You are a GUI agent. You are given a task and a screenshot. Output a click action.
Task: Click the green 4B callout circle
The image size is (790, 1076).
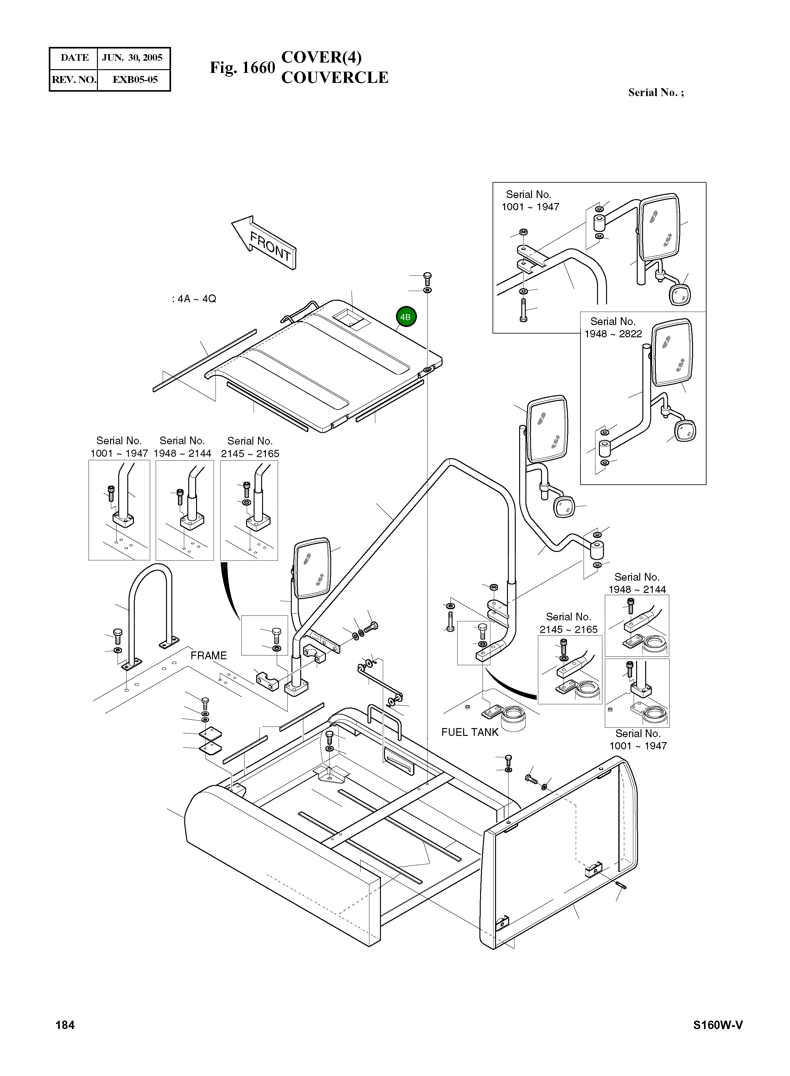(x=406, y=317)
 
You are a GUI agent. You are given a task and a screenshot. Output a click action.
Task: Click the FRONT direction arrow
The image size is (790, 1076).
(x=264, y=242)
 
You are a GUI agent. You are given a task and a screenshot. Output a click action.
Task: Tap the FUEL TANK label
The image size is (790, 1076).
(x=470, y=732)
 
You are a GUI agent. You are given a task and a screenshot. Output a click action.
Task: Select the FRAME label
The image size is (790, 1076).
(x=209, y=655)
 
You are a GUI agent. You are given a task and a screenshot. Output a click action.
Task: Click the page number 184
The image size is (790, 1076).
(x=65, y=1025)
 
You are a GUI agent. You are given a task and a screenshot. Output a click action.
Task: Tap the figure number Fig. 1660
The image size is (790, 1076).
(x=242, y=68)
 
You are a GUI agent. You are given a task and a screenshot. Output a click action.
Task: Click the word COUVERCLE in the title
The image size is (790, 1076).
(x=335, y=78)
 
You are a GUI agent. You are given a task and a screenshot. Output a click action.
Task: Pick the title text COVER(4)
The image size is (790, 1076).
(x=322, y=57)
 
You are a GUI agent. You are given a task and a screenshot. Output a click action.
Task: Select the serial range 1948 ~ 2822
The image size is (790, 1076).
(x=613, y=334)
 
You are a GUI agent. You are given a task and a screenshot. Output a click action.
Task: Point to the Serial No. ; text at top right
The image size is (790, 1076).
(x=656, y=92)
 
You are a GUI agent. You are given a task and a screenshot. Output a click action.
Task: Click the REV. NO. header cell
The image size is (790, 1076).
(x=74, y=79)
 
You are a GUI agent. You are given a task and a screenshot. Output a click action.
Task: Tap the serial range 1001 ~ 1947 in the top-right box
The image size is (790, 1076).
(x=530, y=207)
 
